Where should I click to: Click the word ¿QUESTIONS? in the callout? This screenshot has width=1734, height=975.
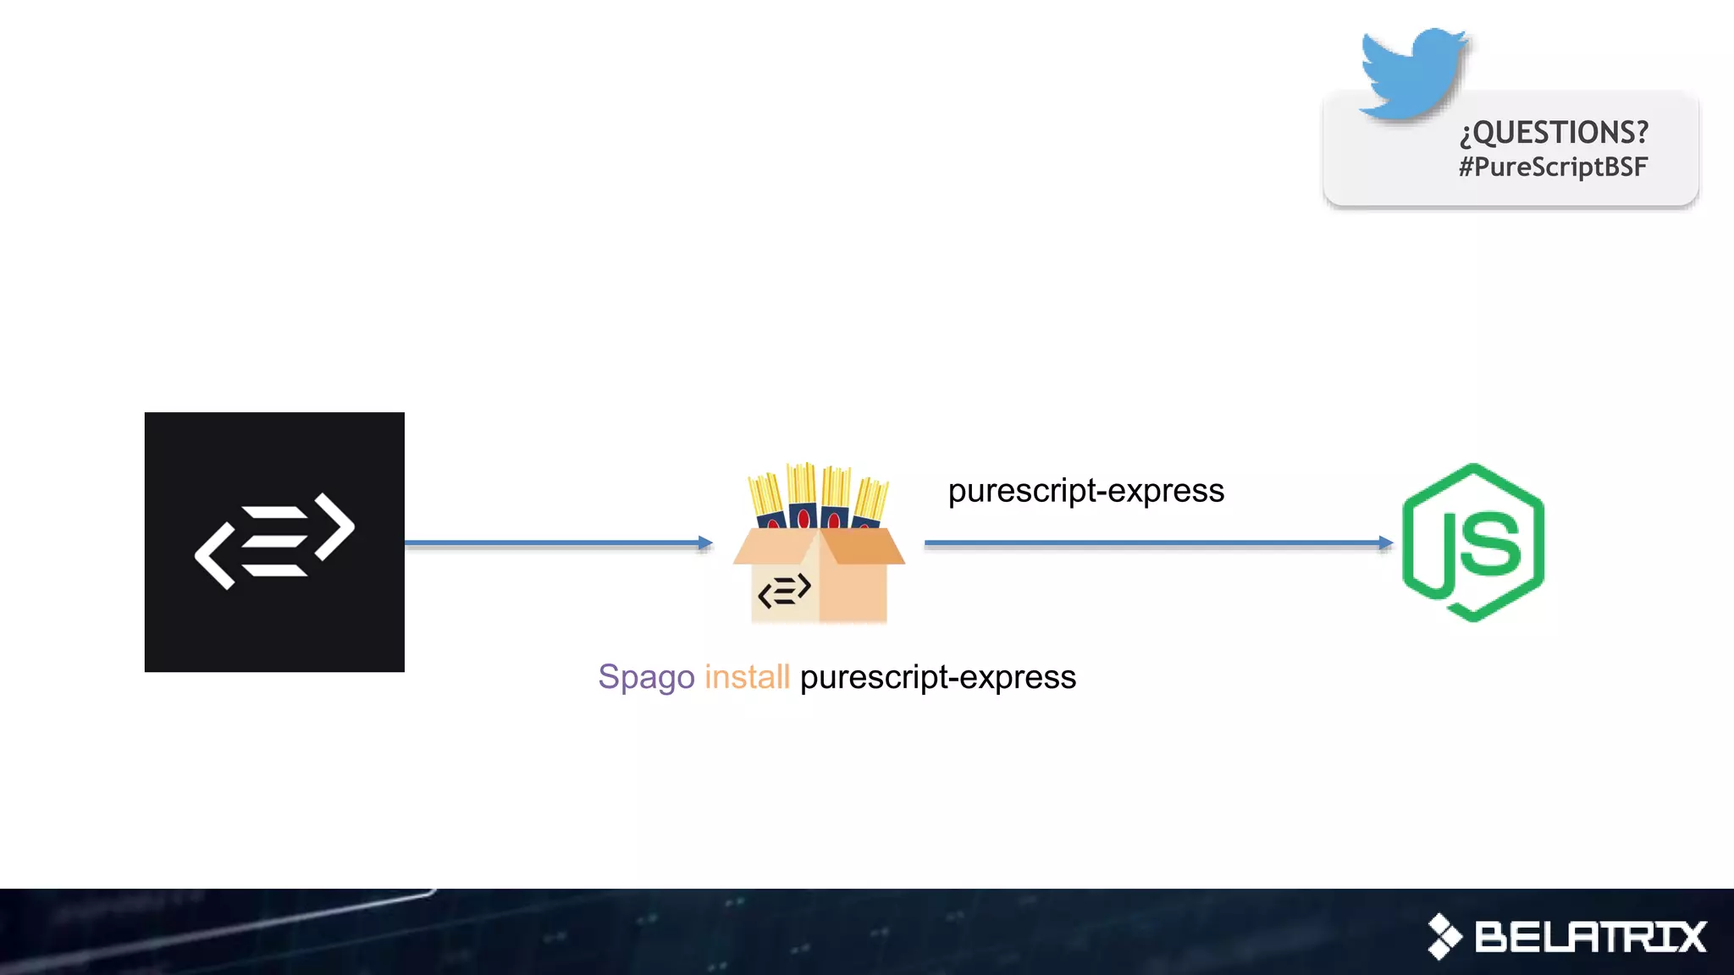coord(1554,133)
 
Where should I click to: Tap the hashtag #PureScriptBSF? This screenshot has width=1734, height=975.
coord(1553,167)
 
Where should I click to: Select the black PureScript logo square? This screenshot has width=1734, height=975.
coord(274,542)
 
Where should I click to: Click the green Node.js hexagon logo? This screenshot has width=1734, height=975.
coord(1473,542)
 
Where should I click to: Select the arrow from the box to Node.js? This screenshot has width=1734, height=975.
coord(1151,543)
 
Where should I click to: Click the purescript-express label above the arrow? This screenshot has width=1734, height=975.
coord(1085,491)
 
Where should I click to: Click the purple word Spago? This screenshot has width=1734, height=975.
coord(646,677)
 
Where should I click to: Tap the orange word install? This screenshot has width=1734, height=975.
coord(747,677)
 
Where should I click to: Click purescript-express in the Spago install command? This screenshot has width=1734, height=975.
coord(938,677)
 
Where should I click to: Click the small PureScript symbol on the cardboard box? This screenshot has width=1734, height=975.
coord(784,590)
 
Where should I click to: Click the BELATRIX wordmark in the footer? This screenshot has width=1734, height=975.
coord(1590,937)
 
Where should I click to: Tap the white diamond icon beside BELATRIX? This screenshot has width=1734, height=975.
coord(1444,936)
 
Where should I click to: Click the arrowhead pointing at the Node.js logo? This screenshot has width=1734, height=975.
coord(1386,543)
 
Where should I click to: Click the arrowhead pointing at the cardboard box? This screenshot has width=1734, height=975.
coord(705,543)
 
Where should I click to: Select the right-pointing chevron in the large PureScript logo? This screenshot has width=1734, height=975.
coord(335,526)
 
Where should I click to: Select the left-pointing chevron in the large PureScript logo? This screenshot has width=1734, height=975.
coord(214,556)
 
